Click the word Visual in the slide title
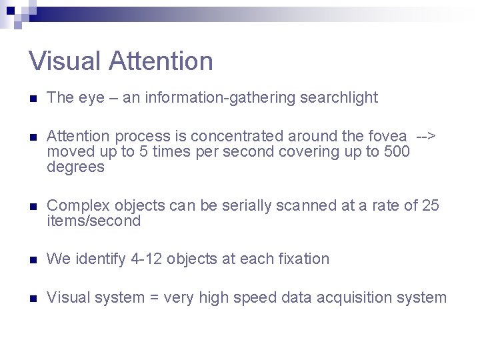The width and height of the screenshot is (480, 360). pos(65,61)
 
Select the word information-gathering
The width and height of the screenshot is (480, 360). pos(220,98)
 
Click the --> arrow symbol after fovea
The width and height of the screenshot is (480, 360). pos(425,137)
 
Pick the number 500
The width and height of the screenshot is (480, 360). pos(397,152)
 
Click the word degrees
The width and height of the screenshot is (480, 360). pos(75,167)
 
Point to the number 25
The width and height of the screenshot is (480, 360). pos(431,206)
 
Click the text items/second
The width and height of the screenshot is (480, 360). pos(94,221)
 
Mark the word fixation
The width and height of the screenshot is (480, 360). pos(303,259)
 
